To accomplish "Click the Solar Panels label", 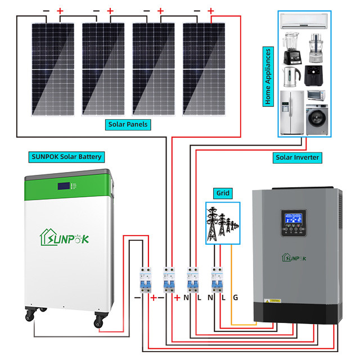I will pos(130,124).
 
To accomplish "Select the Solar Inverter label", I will pos(298,157).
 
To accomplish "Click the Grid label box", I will pos(223,193).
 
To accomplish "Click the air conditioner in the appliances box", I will pos(304,23).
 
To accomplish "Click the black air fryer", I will pos(314,74).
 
